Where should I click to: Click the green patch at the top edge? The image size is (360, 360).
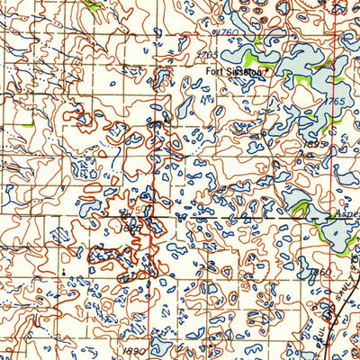(94, 4)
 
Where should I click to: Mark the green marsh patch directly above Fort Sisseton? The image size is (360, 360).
(258, 41)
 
